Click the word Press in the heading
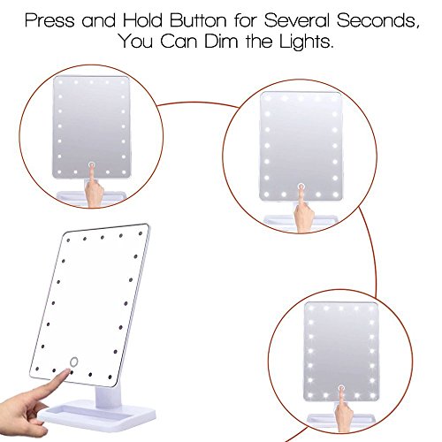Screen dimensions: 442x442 point(50,20)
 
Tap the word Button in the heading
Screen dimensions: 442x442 point(198,20)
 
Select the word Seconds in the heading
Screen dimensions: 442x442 point(377,20)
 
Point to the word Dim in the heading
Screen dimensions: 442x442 point(221,41)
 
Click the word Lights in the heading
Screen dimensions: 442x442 point(306,42)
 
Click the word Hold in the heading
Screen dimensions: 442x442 point(142,20)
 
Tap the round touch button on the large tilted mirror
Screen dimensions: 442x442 point(73,362)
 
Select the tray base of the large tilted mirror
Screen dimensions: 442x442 point(97,415)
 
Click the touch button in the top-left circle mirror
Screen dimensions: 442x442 point(92,164)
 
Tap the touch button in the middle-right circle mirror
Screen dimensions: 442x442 point(301,187)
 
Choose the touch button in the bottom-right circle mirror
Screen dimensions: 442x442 point(341,388)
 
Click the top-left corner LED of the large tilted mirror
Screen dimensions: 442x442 point(68,240)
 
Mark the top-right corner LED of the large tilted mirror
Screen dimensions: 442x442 point(141,233)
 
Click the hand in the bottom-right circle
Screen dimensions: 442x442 point(344,408)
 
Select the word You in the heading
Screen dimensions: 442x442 point(136,41)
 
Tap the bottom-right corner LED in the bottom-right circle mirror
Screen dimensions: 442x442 point(372,395)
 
